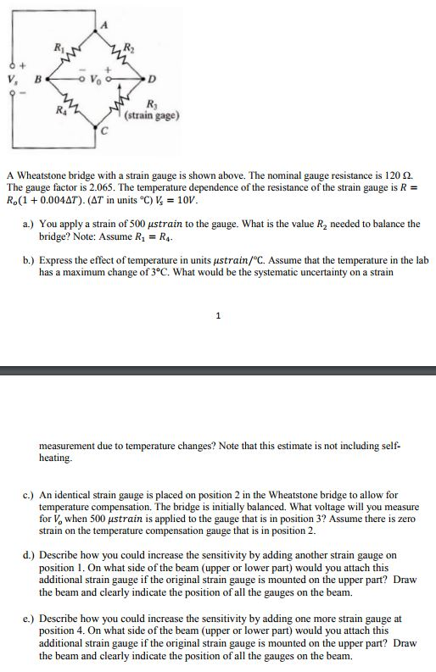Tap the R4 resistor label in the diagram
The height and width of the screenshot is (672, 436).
click(x=58, y=108)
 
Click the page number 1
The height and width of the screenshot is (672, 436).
click(x=219, y=316)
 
